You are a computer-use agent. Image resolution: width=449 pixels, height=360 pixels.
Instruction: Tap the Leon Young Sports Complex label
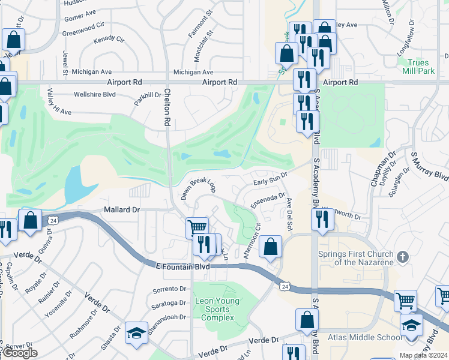coord(217,309)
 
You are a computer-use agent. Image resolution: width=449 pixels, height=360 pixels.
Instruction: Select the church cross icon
coord(403,257)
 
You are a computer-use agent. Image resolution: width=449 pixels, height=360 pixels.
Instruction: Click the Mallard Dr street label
coord(121,210)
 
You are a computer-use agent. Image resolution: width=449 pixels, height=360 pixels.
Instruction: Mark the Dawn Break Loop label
coord(198,188)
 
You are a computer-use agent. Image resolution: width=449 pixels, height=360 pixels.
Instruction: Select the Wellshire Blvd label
coord(94,94)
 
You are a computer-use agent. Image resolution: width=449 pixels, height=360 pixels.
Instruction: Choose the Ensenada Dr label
coord(267,199)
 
